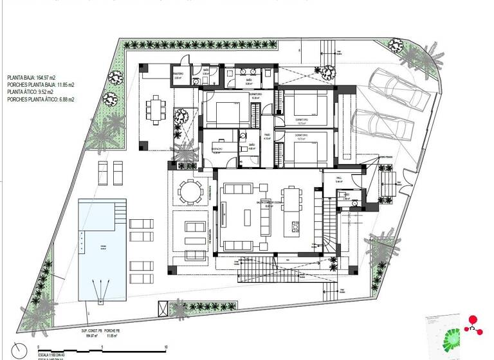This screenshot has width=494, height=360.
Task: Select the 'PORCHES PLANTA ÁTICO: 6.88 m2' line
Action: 41,100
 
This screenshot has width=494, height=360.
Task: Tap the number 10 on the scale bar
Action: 166,348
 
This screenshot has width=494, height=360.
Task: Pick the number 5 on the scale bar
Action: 103,348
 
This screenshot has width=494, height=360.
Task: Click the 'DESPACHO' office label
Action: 217,147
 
